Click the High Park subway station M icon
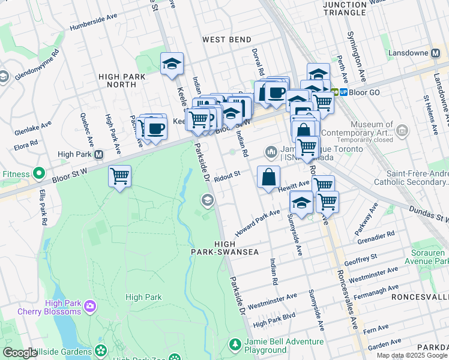[x=99, y=154]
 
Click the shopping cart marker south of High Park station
[x=119, y=176]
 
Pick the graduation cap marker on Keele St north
[x=172, y=63]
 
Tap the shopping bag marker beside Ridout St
[x=268, y=176]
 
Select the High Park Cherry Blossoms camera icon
[x=90, y=307]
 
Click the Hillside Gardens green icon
[x=100, y=349]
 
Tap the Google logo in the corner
[x=19, y=352]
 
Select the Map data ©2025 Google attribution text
[x=411, y=355]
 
